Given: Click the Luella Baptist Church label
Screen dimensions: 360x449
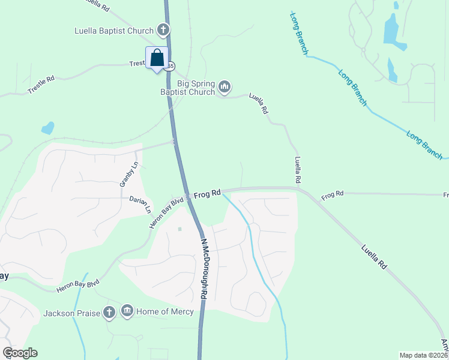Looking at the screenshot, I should tap(114, 31).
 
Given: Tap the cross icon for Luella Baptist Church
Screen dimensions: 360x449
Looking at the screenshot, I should tap(162, 29).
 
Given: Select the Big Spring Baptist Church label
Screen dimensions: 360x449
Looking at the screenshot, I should tap(187, 88).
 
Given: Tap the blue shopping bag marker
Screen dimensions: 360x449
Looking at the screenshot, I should tap(157, 59).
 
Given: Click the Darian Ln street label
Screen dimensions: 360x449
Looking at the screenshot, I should tap(140, 204).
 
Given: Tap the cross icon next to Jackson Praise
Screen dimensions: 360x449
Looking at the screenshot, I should tap(109, 312).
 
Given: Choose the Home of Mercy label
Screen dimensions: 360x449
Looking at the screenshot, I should tap(164, 311).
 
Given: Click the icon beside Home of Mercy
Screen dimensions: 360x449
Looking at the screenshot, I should tap(127, 311).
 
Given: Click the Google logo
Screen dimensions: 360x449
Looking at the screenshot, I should tap(20, 353).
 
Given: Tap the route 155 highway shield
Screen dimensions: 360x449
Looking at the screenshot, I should tap(171, 65).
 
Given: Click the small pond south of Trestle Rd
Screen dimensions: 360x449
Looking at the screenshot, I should tap(47, 128).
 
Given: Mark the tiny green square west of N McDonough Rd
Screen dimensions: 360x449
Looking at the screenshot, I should tap(179, 229).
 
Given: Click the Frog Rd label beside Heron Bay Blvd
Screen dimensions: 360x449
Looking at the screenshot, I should tap(207, 194).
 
